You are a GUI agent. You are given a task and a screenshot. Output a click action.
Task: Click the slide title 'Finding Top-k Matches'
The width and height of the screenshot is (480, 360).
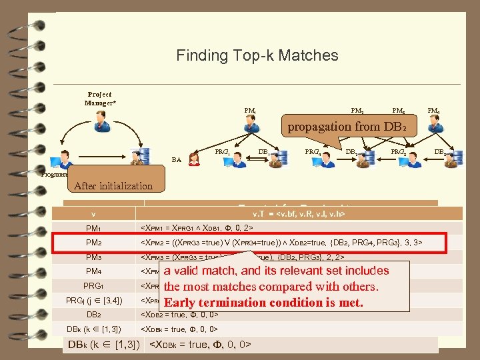(257, 56)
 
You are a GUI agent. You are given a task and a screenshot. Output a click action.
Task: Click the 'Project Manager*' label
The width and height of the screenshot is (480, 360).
(100, 99)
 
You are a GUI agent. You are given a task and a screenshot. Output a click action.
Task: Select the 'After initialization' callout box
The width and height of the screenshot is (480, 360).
(113, 186)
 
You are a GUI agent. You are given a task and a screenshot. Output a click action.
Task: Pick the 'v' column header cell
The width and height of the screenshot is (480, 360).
(93, 214)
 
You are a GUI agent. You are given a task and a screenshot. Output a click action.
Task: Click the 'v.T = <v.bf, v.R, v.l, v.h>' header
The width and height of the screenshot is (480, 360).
(299, 214)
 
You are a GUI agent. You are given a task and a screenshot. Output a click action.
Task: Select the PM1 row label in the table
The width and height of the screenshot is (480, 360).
(93, 229)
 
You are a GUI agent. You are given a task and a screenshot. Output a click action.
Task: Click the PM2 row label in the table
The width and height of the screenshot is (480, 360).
(93, 243)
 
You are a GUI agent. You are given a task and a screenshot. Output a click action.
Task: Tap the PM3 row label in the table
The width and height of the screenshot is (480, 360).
(93, 257)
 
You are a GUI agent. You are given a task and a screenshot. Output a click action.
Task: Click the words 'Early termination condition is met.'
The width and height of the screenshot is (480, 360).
(263, 303)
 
